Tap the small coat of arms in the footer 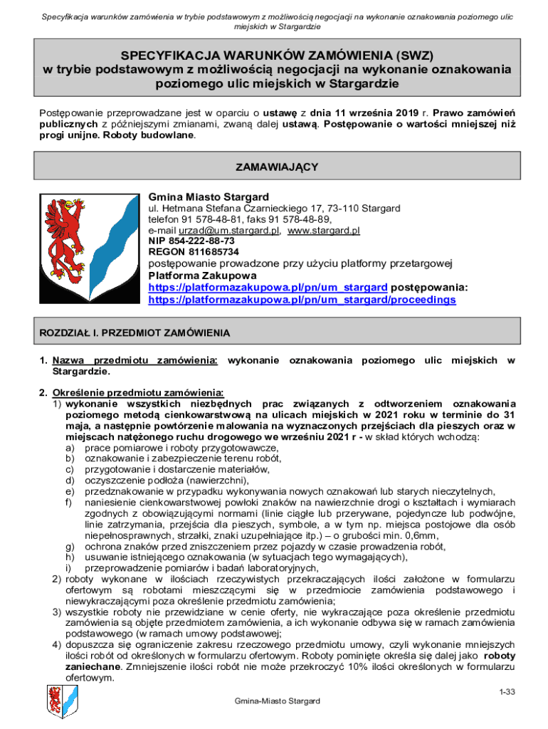(x=60, y=701)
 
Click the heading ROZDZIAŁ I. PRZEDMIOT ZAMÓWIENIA (x=135, y=332)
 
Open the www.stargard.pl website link (x=324, y=231)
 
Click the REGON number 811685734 (x=193, y=252)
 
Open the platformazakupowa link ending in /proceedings (x=302, y=300)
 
